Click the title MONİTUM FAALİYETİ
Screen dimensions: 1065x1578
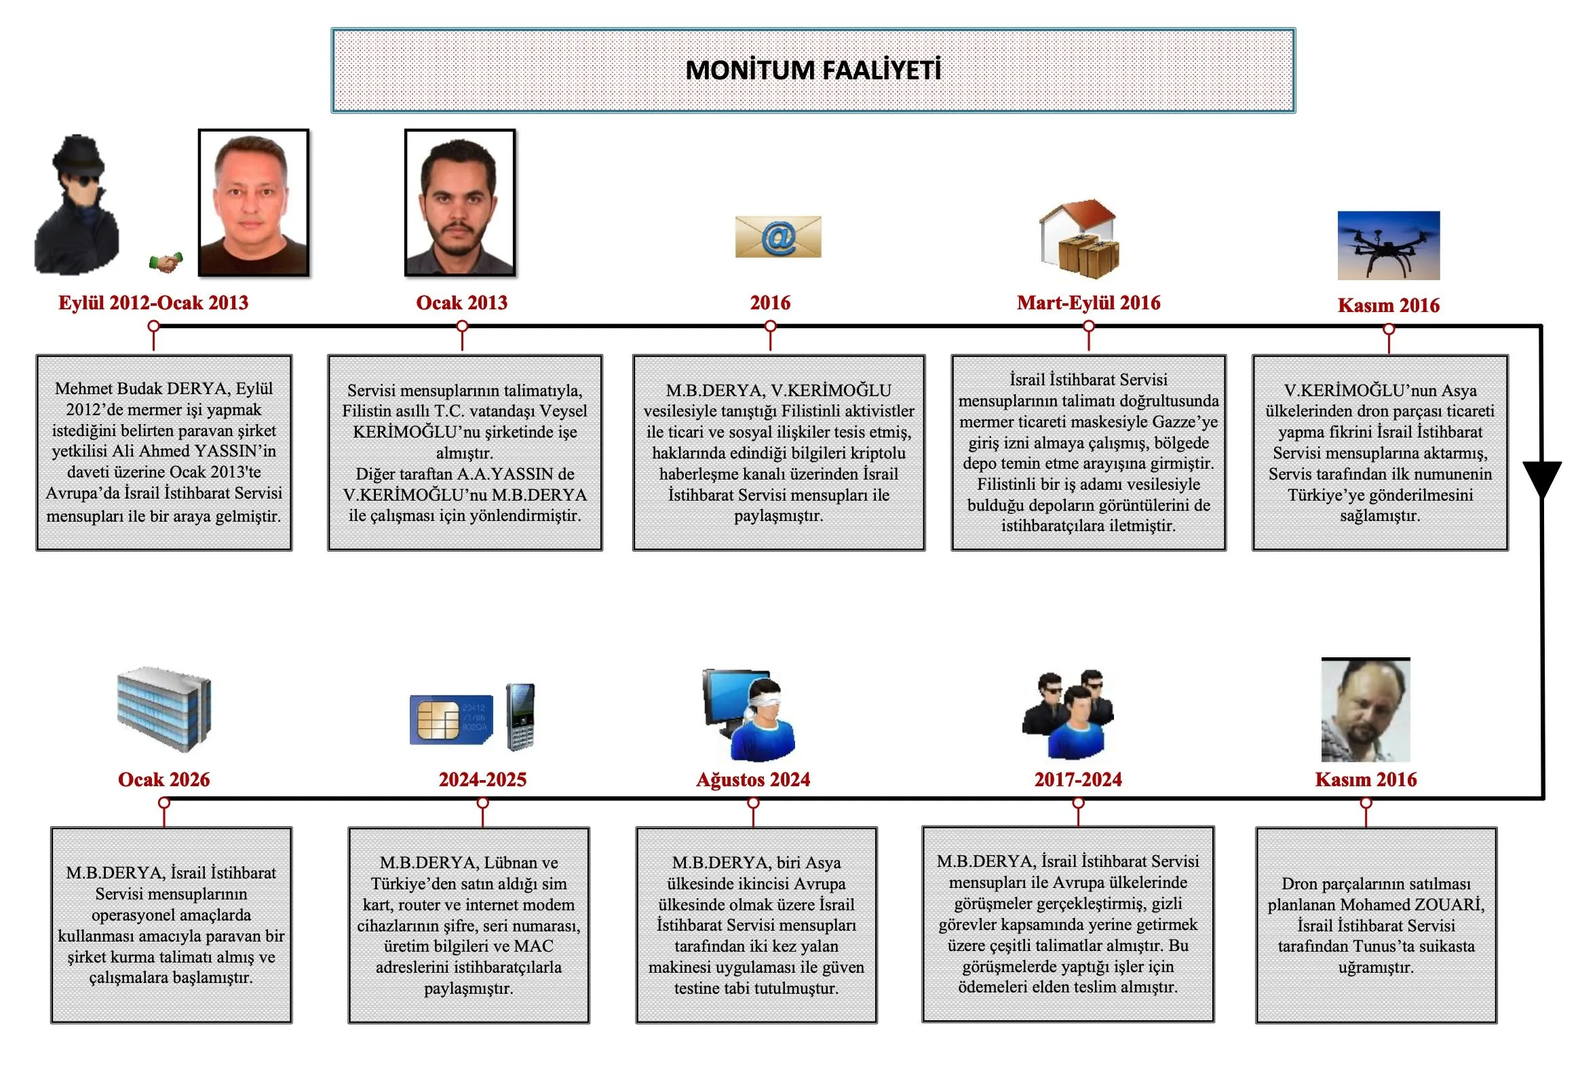click(813, 70)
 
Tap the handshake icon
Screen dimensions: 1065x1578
click(166, 262)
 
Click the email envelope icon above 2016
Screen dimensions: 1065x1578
click(778, 237)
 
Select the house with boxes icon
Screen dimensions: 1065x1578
click(1079, 238)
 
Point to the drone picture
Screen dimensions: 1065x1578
click(1388, 245)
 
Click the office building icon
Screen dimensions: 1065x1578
click(163, 709)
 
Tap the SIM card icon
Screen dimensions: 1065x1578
click(451, 720)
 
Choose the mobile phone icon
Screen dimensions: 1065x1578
click(521, 717)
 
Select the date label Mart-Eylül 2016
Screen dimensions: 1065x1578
click(1088, 303)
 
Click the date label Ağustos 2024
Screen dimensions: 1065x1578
click(753, 779)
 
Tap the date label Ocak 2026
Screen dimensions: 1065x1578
click(163, 779)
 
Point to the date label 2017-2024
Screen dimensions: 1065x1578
click(1077, 779)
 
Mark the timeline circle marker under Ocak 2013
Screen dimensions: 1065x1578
click(463, 326)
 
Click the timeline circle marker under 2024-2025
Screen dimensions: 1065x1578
click(483, 803)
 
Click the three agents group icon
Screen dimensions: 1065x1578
click(1069, 715)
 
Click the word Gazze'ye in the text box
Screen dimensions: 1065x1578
click(1185, 421)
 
